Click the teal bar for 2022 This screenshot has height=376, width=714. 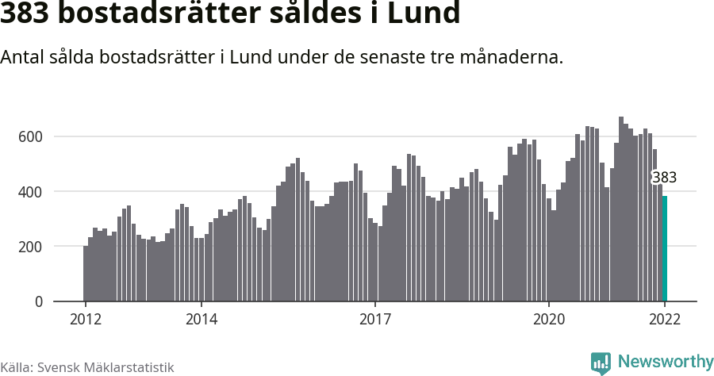665,249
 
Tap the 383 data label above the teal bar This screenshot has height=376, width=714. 664,178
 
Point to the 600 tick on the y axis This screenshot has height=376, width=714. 30,136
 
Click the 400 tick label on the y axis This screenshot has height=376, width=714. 30,191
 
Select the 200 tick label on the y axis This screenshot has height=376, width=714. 30,247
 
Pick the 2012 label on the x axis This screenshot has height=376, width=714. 86,319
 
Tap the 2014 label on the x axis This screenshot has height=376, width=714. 202,319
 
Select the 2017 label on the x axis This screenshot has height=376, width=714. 375,319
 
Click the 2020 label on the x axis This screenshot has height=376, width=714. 549,319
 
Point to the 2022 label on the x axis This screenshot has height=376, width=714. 665,319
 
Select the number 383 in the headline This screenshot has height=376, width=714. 29,13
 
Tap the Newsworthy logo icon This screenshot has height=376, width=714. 601,363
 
